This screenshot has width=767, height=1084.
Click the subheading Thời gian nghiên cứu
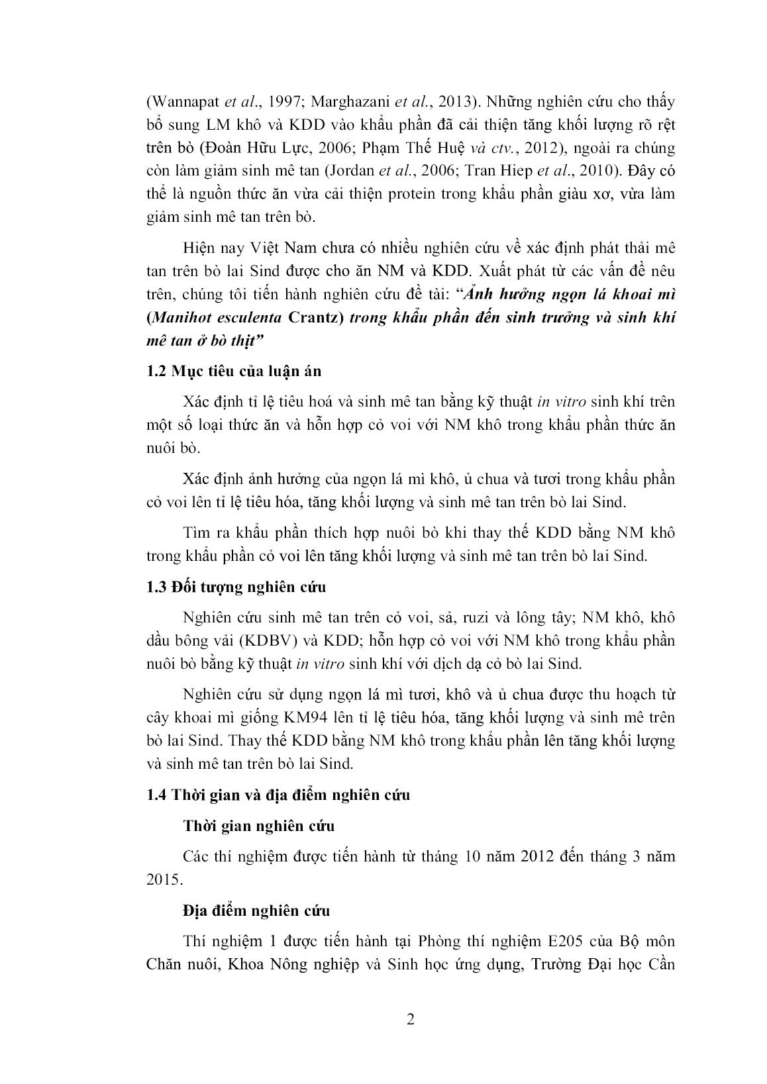(x=259, y=826)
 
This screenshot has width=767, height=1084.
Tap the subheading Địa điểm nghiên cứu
(x=256, y=911)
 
